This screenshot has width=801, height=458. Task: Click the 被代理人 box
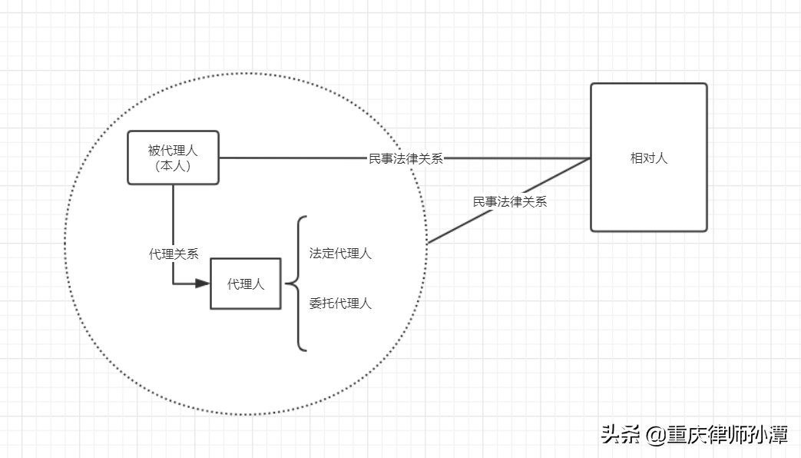point(173,158)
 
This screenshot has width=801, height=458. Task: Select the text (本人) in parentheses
point(173,165)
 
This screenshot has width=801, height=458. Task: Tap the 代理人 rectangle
point(246,284)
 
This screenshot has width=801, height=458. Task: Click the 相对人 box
point(648,158)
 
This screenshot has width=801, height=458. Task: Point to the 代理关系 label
point(174,254)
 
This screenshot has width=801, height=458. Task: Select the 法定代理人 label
point(340,254)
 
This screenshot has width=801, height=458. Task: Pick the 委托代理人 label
point(340,304)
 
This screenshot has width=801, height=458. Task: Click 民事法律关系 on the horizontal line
point(405,159)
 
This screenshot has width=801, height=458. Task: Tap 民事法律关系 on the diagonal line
point(510,202)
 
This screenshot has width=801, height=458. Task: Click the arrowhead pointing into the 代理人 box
point(202,284)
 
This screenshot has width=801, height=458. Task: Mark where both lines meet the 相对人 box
point(590,158)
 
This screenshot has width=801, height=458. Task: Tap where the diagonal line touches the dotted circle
point(427,244)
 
